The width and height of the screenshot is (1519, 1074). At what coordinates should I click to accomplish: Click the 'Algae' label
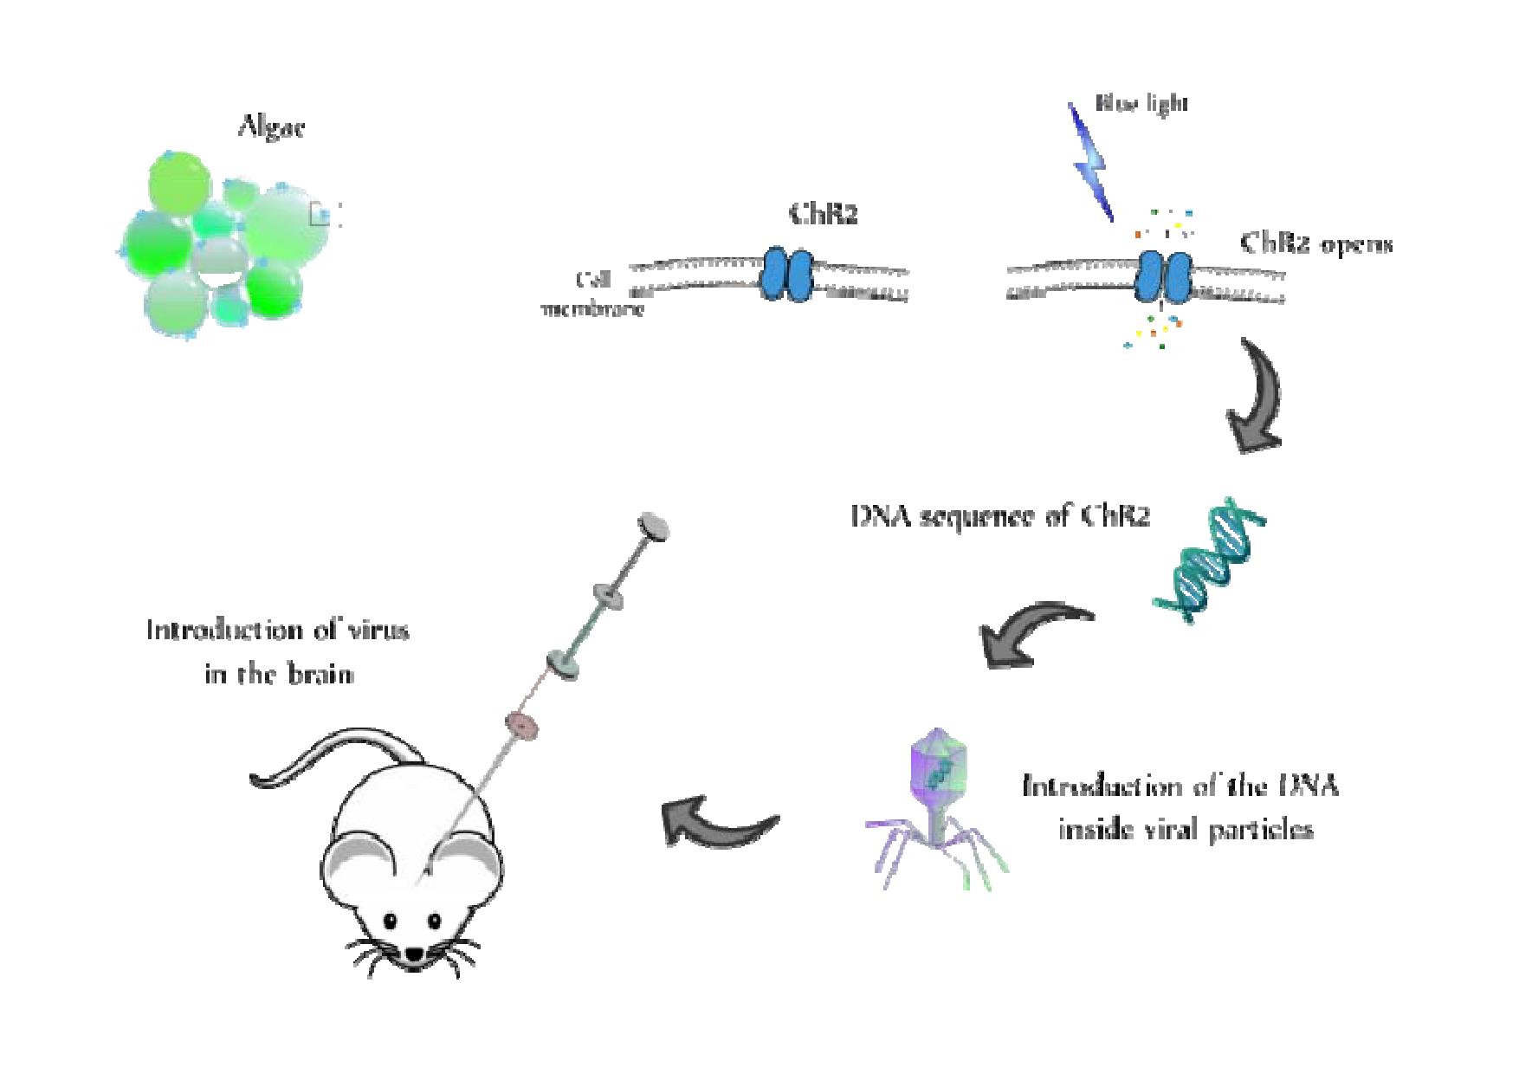[271, 129]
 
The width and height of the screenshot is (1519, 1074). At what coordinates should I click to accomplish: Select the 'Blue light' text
[1141, 104]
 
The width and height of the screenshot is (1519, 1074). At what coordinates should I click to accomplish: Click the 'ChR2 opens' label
[1316, 243]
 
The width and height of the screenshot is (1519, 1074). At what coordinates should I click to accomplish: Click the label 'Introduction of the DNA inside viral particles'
[1182, 808]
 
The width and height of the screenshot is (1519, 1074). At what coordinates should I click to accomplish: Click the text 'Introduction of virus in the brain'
[277, 651]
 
